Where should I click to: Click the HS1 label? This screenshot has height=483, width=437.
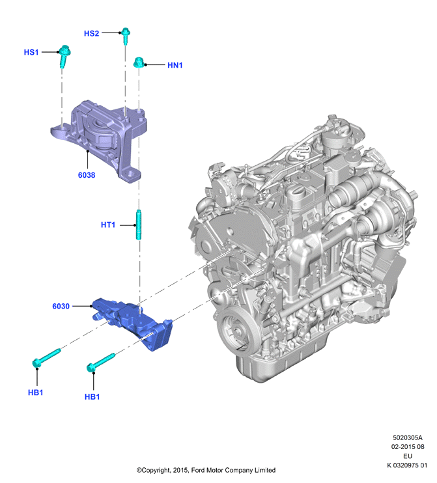(31, 52)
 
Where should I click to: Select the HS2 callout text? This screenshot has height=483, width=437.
(92, 33)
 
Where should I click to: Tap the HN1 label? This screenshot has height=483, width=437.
(175, 65)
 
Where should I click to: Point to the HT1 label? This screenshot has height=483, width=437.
(108, 225)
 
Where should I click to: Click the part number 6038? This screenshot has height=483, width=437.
(87, 175)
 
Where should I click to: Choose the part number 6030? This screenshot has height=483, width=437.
(61, 306)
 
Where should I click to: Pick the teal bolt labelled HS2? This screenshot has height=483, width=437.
(126, 36)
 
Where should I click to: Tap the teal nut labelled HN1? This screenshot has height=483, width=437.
(139, 62)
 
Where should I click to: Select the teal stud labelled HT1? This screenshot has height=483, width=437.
(139, 225)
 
